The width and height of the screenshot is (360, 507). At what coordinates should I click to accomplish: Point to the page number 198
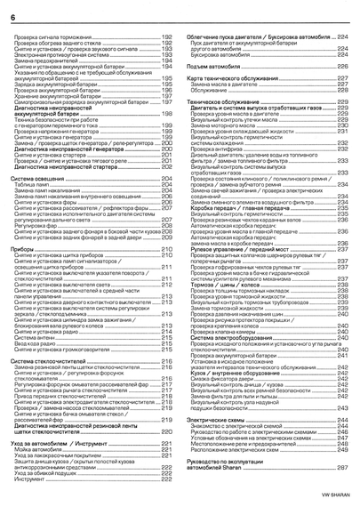click(165, 114)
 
